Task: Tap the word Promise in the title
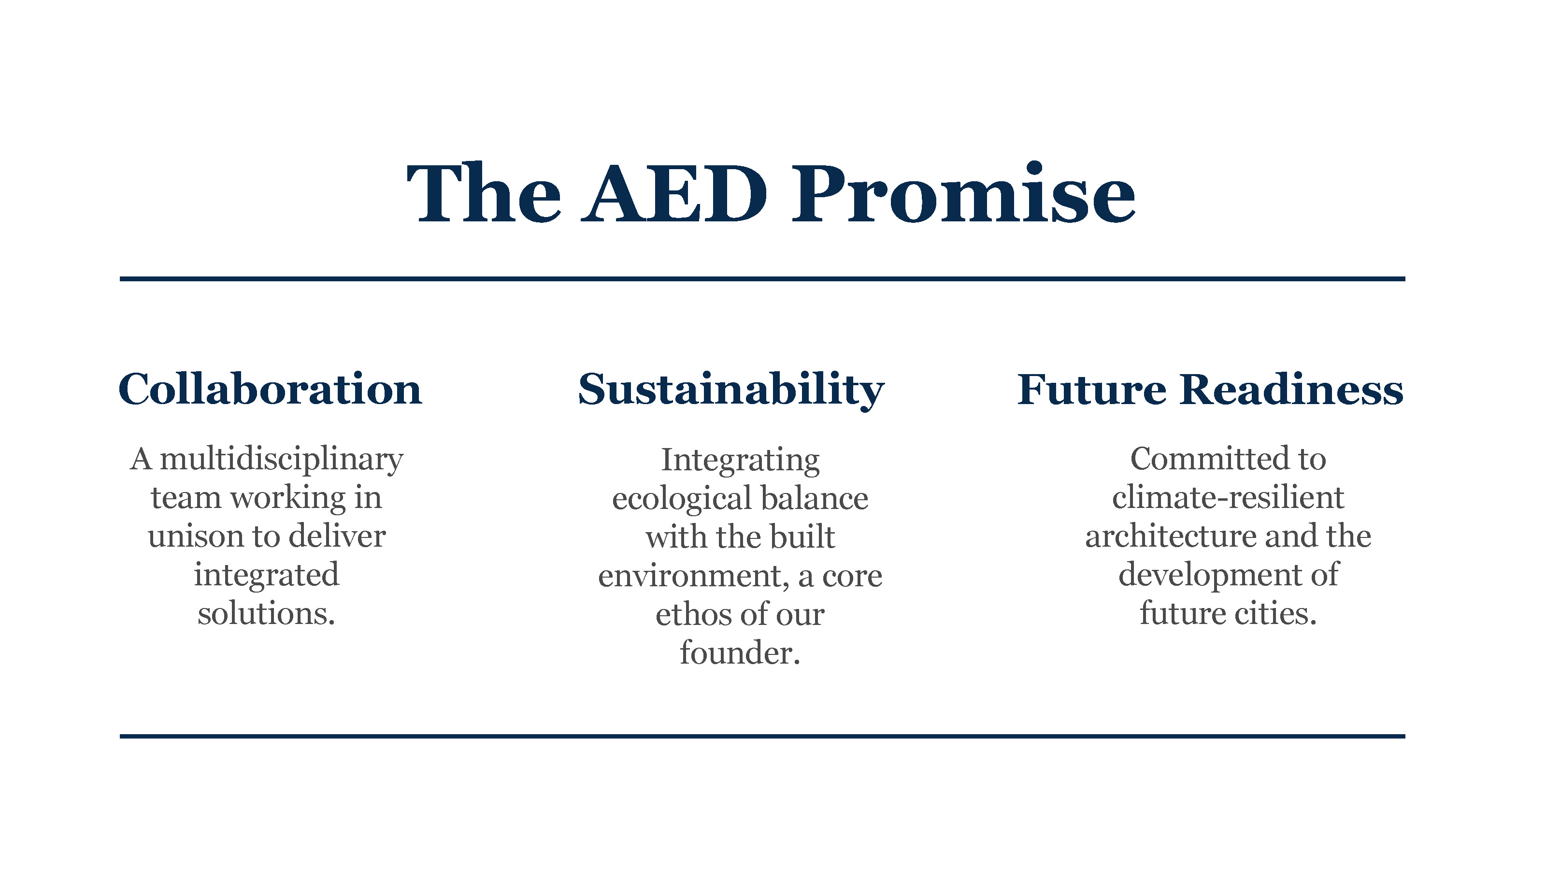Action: pos(964,193)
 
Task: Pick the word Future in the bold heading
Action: pos(1092,390)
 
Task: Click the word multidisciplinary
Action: pos(282,461)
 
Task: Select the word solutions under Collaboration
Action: pos(266,614)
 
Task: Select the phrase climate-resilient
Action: pos(1228,498)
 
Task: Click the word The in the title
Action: pos(483,193)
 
